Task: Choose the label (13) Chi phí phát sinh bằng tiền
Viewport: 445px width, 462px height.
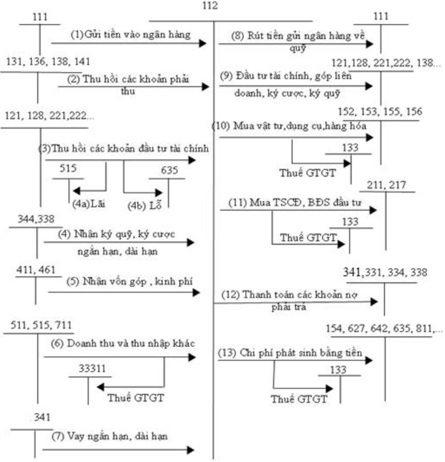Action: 290,353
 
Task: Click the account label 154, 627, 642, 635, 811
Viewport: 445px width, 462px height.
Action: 386,328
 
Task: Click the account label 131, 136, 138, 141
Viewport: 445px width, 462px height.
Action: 48,62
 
